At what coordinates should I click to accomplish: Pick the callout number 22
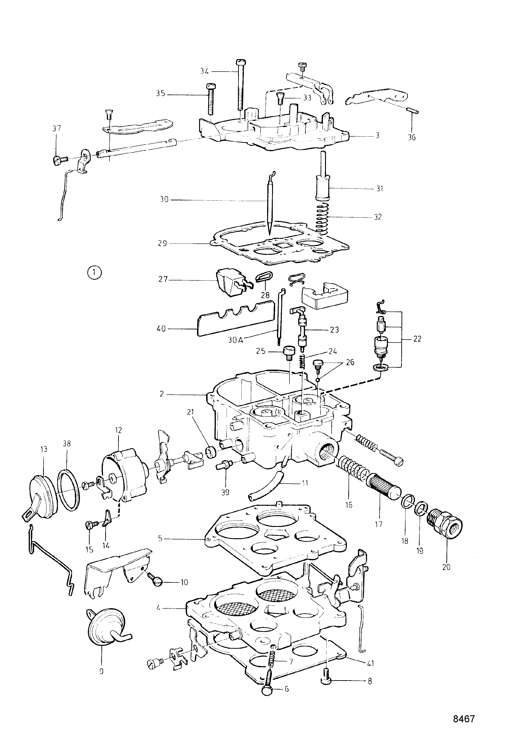point(417,339)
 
